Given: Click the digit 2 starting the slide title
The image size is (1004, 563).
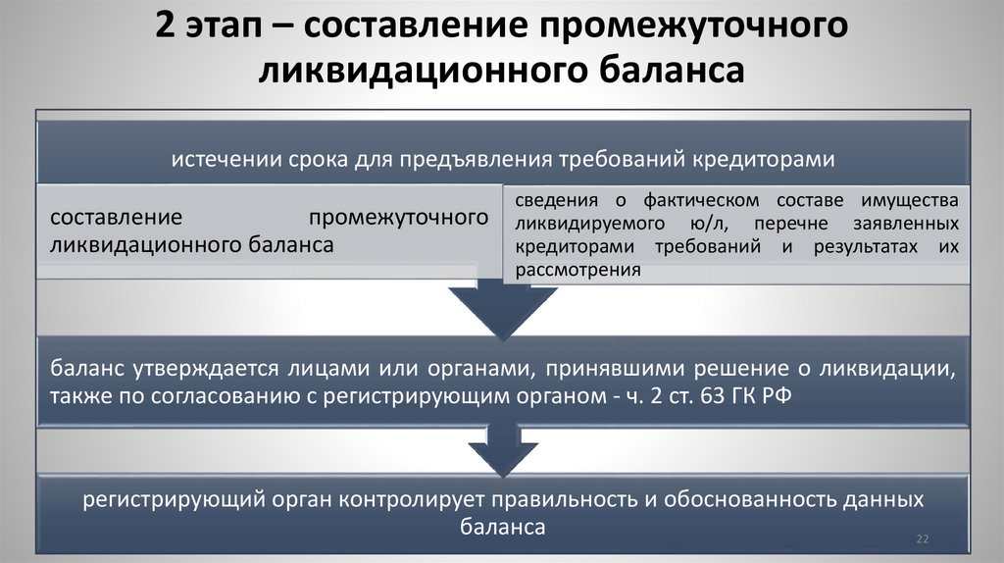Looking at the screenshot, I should tap(166, 28).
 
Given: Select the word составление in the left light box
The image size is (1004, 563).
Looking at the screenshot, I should tap(113, 217).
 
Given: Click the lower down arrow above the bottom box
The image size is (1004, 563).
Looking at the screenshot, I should tap(501, 449).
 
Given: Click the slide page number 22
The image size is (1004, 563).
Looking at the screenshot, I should tap(922, 538).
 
